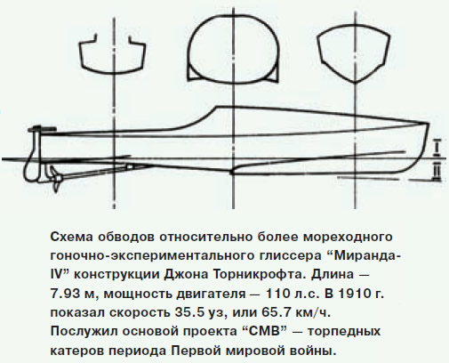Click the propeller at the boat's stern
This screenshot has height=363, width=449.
pyautogui.click(x=55, y=179)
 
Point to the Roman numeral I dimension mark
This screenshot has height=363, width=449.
pyautogui.click(x=436, y=147)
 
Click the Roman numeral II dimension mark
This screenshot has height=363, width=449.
pyautogui.click(x=436, y=171)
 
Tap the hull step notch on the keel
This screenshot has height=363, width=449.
pyautogui.click(x=233, y=172)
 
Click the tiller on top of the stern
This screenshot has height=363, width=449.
pyautogui.click(x=42, y=129)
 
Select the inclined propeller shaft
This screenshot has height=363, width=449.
pyautogui.click(x=96, y=172)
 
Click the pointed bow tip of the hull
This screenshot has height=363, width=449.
pyautogui.click(x=428, y=124)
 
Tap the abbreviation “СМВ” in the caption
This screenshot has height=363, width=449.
pyautogui.click(x=263, y=331)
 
